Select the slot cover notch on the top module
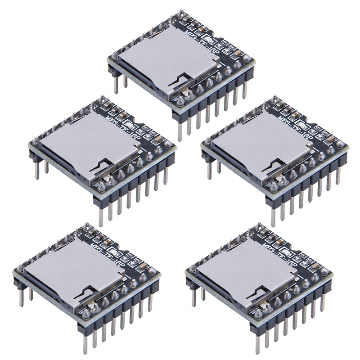coord(178,81)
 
